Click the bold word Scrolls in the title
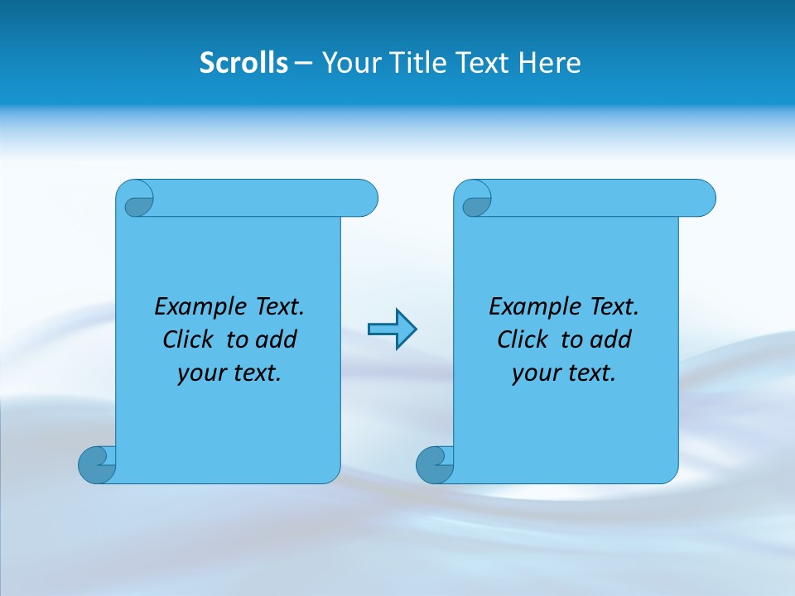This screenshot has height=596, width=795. tap(243, 63)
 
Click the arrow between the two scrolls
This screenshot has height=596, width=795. tap(392, 329)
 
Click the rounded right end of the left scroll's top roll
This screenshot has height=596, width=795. tap(364, 198)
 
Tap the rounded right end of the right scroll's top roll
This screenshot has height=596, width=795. tap(702, 198)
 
